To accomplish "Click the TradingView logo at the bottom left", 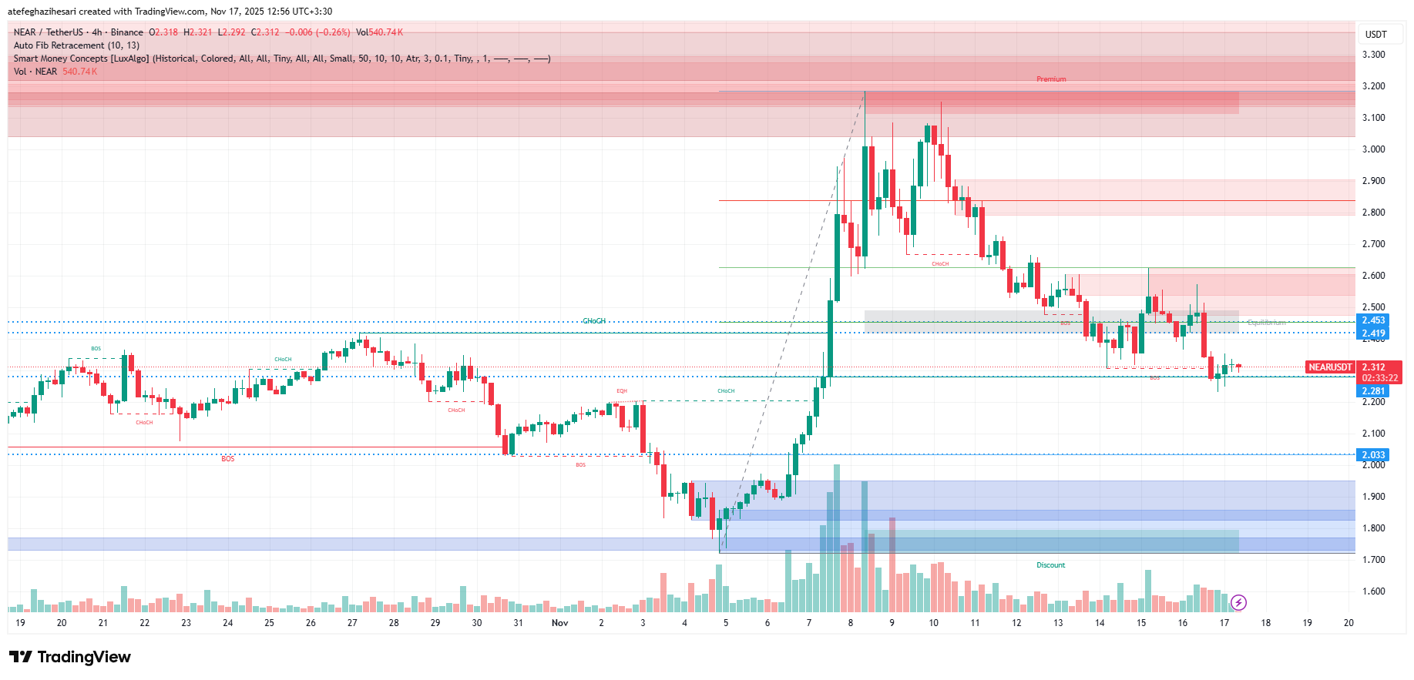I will (x=70, y=657).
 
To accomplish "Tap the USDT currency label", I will (x=1375, y=34).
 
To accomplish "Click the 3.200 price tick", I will (x=1373, y=86).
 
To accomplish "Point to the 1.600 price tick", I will (x=1373, y=592).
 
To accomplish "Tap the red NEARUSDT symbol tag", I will (x=1330, y=367).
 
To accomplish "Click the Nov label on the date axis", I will (x=560, y=623).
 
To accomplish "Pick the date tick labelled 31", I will (x=519, y=623).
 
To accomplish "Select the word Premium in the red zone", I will (x=1051, y=79).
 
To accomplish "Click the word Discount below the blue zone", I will (x=1050, y=565).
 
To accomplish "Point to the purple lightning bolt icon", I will (x=1238, y=602).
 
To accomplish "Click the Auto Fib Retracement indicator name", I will (x=76, y=45).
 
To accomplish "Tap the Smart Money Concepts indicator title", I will (x=81, y=59).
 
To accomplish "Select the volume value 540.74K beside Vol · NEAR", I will (x=79, y=72).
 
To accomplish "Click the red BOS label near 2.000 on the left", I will (x=228, y=459).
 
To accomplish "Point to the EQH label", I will (x=622, y=391).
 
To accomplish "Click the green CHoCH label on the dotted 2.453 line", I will (x=593, y=321).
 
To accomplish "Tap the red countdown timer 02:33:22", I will (x=1379, y=378).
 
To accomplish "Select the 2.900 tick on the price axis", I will (x=1373, y=181).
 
